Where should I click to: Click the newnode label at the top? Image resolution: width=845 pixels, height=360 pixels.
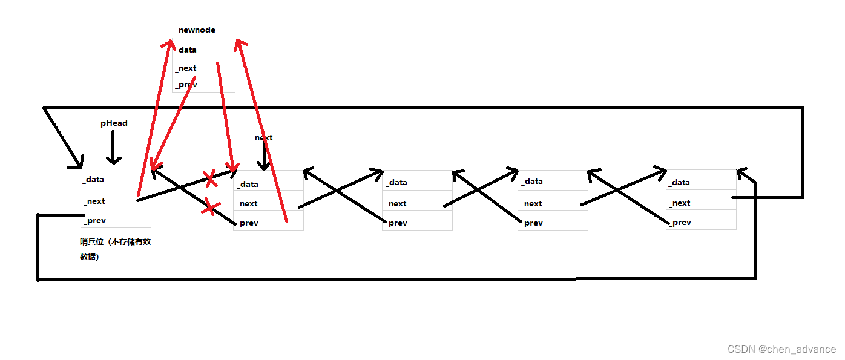pos(197,30)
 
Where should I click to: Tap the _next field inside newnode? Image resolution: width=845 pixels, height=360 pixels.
pos(203,67)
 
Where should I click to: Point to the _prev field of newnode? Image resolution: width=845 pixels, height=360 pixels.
pos(203,84)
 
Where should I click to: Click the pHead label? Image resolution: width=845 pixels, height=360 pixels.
pos(114,123)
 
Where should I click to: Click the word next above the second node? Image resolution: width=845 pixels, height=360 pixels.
pos(263,137)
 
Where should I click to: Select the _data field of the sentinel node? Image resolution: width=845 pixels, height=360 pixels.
pos(115,178)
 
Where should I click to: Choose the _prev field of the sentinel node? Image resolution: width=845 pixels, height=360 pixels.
pos(115,220)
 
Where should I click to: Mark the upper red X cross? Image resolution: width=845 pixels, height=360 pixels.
pos(210,178)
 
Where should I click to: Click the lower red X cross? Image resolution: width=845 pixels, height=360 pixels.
pos(210,207)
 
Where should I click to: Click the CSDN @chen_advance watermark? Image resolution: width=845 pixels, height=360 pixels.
pos(781,349)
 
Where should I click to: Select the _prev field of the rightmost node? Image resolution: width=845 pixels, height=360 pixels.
pos(701,222)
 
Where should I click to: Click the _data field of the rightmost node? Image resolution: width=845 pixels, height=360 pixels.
pos(701,182)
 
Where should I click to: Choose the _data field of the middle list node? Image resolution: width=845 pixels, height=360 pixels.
pos(416,182)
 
